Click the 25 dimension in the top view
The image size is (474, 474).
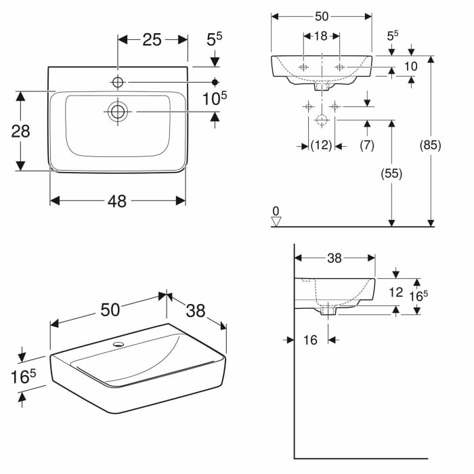tap(152, 40)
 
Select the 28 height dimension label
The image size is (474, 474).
tap(21, 131)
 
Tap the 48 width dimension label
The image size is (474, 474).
tap(117, 201)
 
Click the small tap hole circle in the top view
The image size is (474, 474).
tap(118, 82)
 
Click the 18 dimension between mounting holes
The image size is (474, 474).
tap(320, 36)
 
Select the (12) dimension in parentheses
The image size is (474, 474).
tap(321, 145)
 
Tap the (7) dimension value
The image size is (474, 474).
tap(367, 145)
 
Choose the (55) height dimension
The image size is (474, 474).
tap(391, 173)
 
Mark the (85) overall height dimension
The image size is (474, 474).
tap(430, 145)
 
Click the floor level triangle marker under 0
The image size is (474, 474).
tap(276, 220)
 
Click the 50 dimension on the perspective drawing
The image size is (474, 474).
tap(110, 309)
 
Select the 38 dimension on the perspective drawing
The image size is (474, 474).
tap(196, 310)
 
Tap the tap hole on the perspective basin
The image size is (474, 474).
tap(119, 345)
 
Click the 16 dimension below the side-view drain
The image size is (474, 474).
tap(310, 340)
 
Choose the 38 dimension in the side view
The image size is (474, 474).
tap(334, 257)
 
